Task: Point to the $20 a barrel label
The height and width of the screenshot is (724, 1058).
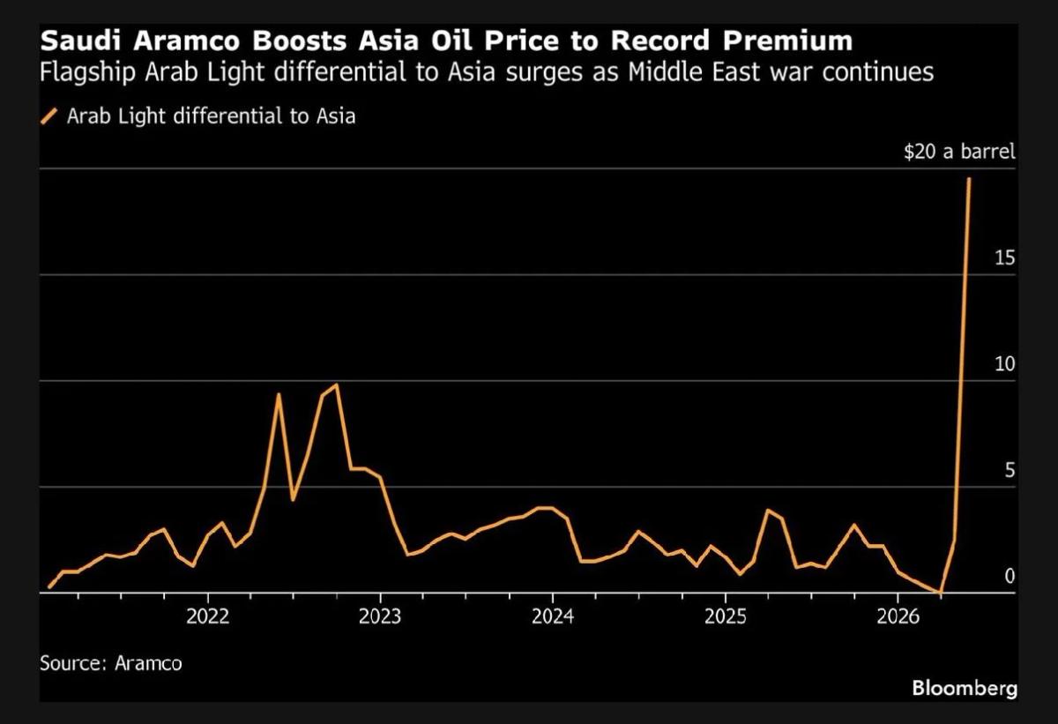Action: [x=959, y=152]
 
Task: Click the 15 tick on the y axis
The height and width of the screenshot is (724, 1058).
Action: [x=1003, y=258]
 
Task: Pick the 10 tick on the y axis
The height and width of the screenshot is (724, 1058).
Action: [x=1003, y=364]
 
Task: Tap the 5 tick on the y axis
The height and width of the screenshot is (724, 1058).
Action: [x=1009, y=470]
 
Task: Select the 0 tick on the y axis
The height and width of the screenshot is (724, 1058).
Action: [x=1009, y=576]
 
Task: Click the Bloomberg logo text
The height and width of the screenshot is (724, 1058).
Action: [x=964, y=688]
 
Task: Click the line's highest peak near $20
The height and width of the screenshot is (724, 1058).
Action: [x=969, y=179]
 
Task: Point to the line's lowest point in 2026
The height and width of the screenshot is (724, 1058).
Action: [x=941, y=592]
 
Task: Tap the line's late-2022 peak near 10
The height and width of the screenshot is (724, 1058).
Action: [x=337, y=384]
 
